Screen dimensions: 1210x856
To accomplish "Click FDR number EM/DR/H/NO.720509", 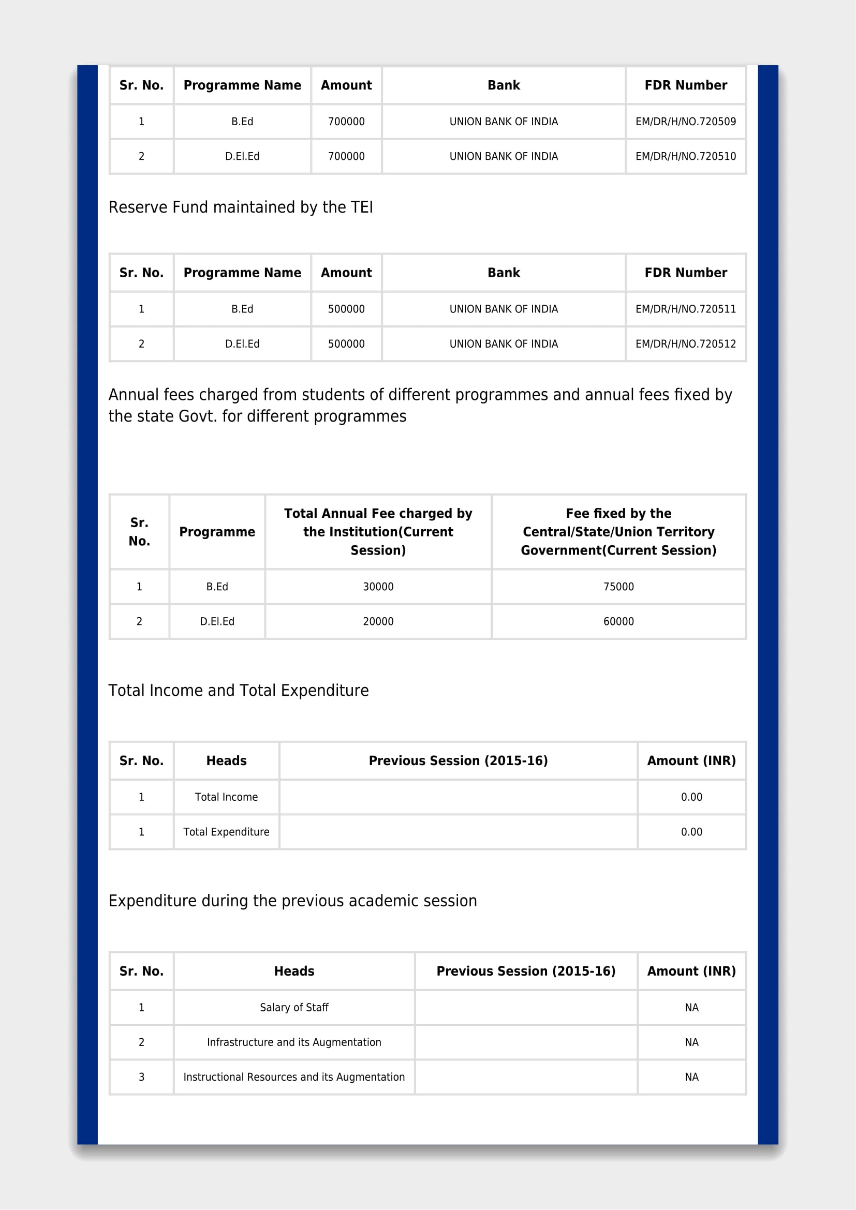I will coord(685,122).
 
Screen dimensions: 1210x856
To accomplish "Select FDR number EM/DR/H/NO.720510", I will coord(685,157).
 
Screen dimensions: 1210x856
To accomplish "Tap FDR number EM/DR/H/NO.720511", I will coord(685,309).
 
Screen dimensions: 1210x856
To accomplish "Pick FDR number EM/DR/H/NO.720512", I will coord(685,344).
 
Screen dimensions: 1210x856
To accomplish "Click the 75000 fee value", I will coord(618,587).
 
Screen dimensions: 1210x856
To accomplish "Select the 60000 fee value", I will coord(618,622).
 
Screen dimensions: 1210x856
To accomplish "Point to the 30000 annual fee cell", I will coord(378,587).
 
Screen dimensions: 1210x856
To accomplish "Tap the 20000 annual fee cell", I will coord(378,622).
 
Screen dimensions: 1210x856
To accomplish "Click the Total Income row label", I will coord(226,797).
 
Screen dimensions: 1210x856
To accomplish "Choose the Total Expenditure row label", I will coord(226,832).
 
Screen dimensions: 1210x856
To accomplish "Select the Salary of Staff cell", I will coord(294,1008).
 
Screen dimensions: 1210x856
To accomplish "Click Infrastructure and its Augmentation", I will coord(294,1042).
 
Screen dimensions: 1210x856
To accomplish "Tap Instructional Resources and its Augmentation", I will coord(294,1077).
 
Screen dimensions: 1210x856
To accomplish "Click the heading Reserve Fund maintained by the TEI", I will coord(240,207).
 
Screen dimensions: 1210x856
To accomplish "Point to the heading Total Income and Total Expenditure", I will coord(238,691).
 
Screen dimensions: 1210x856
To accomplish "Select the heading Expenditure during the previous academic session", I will coord(292,901).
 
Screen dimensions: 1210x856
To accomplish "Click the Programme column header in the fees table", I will coord(217,532).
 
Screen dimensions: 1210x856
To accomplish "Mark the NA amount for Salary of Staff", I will coord(691,1008).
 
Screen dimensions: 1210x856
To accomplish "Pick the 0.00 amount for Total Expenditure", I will coord(691,832).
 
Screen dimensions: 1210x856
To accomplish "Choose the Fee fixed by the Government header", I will coord(618,532).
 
